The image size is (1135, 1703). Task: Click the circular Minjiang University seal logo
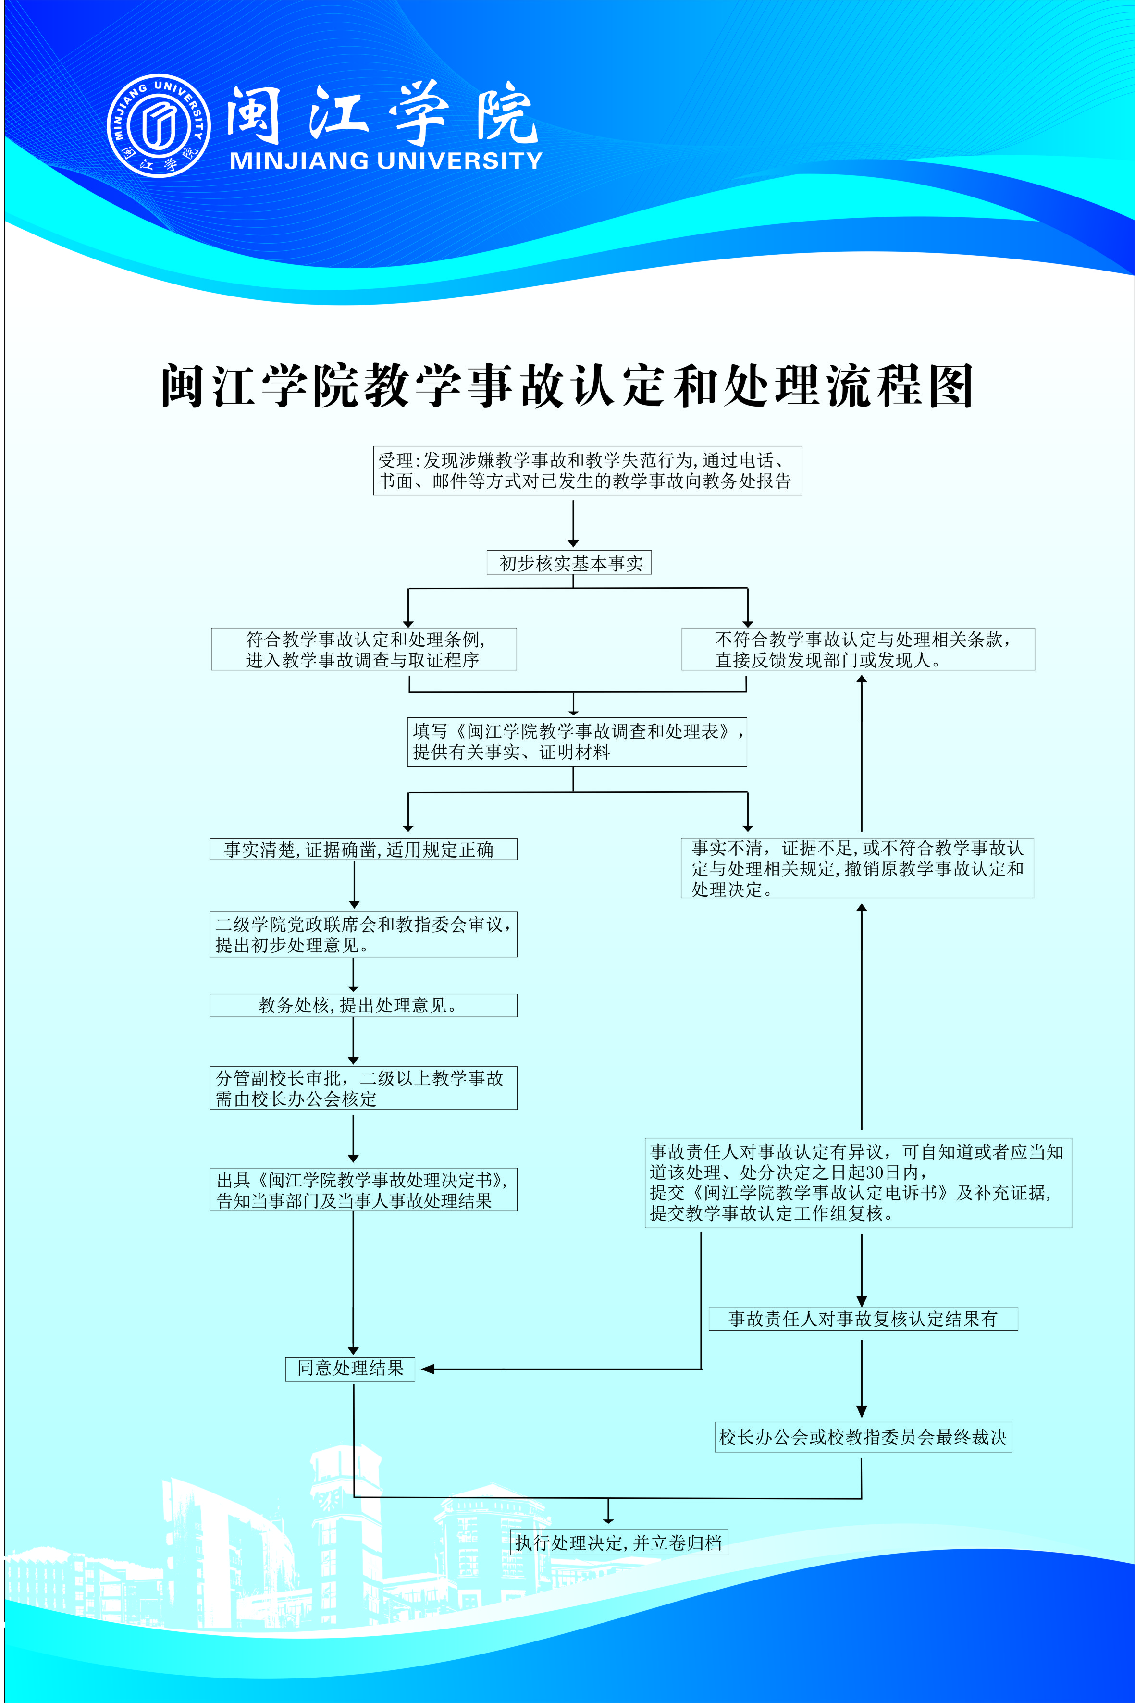tap(159, 125)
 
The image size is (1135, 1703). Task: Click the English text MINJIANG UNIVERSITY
tap(386, 160)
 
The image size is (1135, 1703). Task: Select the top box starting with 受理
tap(587, 470)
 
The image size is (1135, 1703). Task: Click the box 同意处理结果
tap(350, 1368)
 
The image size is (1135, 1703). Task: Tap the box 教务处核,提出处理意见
tap(363, 1005)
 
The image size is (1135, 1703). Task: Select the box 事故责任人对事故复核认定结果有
tap(863, 1319)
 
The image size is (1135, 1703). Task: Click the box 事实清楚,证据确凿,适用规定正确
tap(363, 849)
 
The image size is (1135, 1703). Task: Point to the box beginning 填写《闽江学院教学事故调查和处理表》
tap(577, 742)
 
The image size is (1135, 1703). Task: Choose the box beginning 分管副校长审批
tap(363, 1088)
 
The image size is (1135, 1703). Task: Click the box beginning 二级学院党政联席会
tap(363, 934)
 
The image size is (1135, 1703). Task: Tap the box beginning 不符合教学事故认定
tap(858, 649)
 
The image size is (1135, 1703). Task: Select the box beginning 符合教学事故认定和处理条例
tap(363, 649)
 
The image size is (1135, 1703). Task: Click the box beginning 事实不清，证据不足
tap(857, 868)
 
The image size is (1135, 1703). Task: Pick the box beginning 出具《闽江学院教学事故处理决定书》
tap(363, 1190)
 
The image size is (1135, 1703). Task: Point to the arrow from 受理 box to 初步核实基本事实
tap(573, 522)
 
